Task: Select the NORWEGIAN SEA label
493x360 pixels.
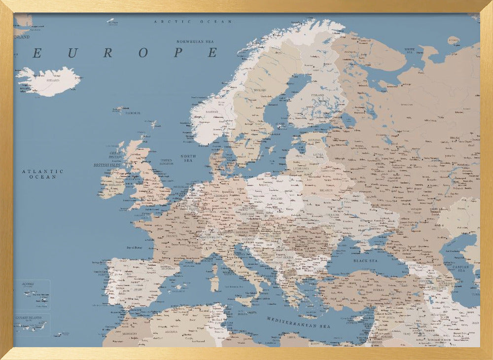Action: click(197, 42)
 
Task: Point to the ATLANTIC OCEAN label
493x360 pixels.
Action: click(42, 174)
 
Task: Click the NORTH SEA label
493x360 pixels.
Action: click(188, 158)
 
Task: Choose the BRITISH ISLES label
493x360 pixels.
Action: click(108, 165)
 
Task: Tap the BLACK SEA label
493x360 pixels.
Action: click(365, 260)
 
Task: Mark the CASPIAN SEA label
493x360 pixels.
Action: click(462, 268)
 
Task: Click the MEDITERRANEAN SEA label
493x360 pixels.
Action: click(298, 323)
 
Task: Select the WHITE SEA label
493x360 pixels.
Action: click(410, 50)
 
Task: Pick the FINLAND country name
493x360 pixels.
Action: click(317, 95)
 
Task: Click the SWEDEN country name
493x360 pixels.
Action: click(260, 90)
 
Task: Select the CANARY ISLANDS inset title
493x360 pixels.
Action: click(29, 318)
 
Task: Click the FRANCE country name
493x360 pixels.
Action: click(171, 236)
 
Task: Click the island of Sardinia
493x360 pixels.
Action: click(214, 283)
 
